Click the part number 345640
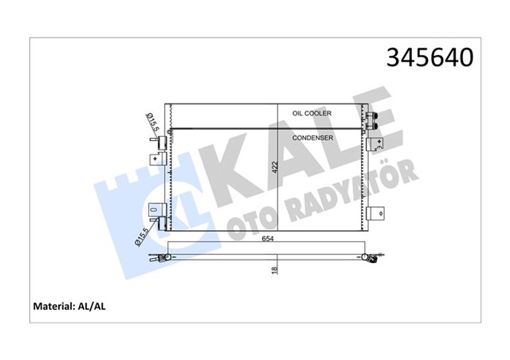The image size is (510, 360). click(430, 57)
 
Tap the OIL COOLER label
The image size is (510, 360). click(312, 113)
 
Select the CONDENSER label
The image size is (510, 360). click(312, 138)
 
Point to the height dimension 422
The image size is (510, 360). click(275, 167)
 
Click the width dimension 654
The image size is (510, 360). click(268, 239)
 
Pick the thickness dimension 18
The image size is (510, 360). click(275, 270)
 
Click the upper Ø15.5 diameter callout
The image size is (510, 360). click(152, 123)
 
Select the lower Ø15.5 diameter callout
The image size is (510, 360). click(142, 237)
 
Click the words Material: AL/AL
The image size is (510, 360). click(69, 307)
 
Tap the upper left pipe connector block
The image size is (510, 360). click(162, 143)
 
